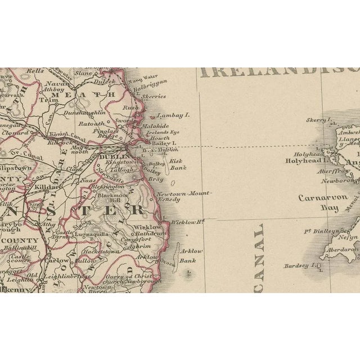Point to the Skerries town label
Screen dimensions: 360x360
154,97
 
